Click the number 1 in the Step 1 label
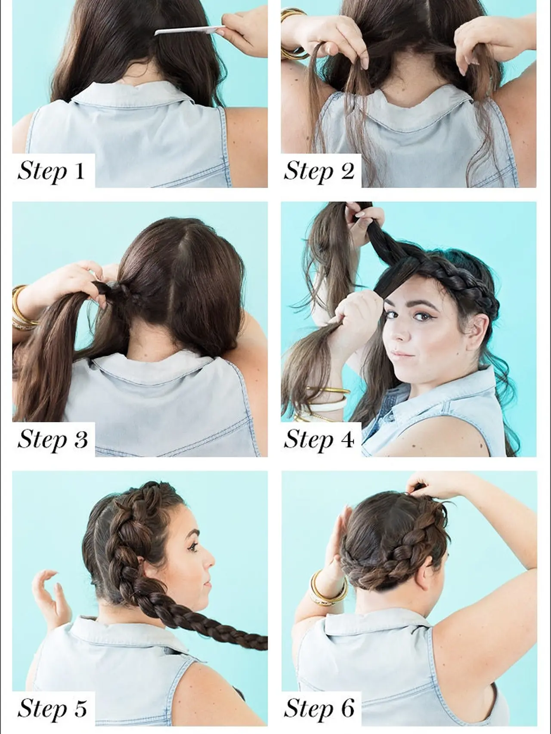pyautogui.click(x=79, y=171)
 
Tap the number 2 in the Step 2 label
pyautogui.click(x=347, y=171)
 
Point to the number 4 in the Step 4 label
pyautogui.click(x=347, y=439)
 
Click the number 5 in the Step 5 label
pyautogui.click(x=80, y=708)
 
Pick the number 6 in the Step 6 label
pyautogui.click(x=347, y=708)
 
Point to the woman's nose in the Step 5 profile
pyautogui.click(x=211, y=560)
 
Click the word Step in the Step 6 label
pyautogui.click(x=309, y=708)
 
